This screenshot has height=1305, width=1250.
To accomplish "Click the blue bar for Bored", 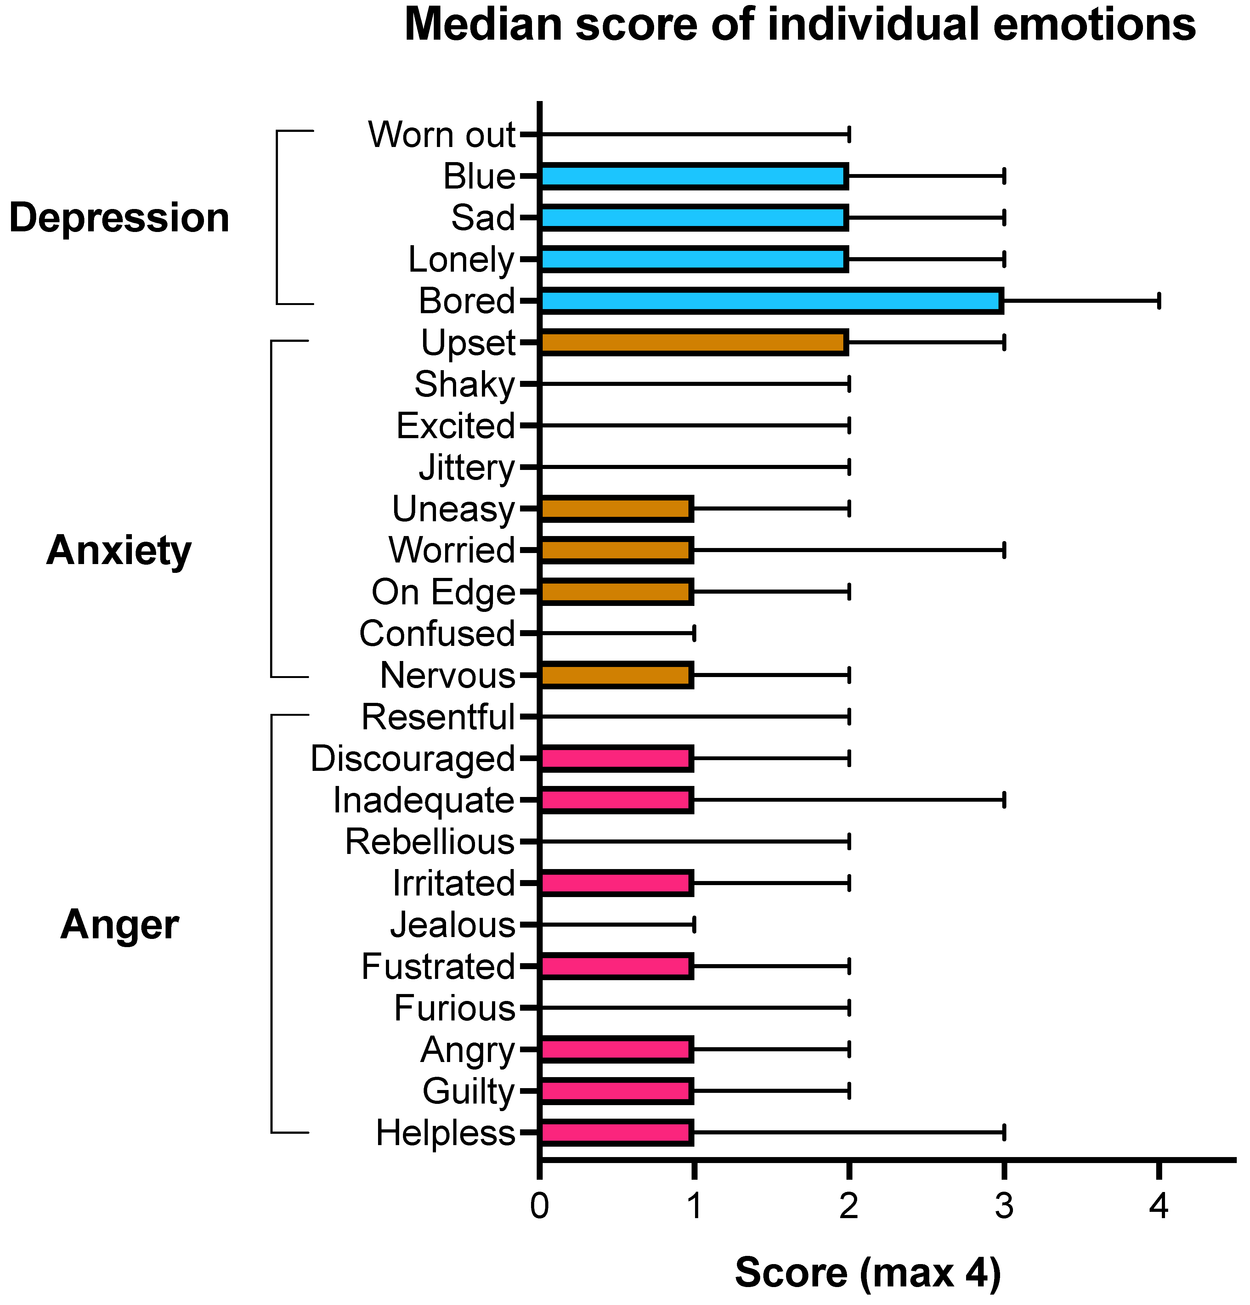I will point(771,301).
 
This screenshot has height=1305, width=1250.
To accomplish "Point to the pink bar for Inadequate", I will point(616,799).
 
